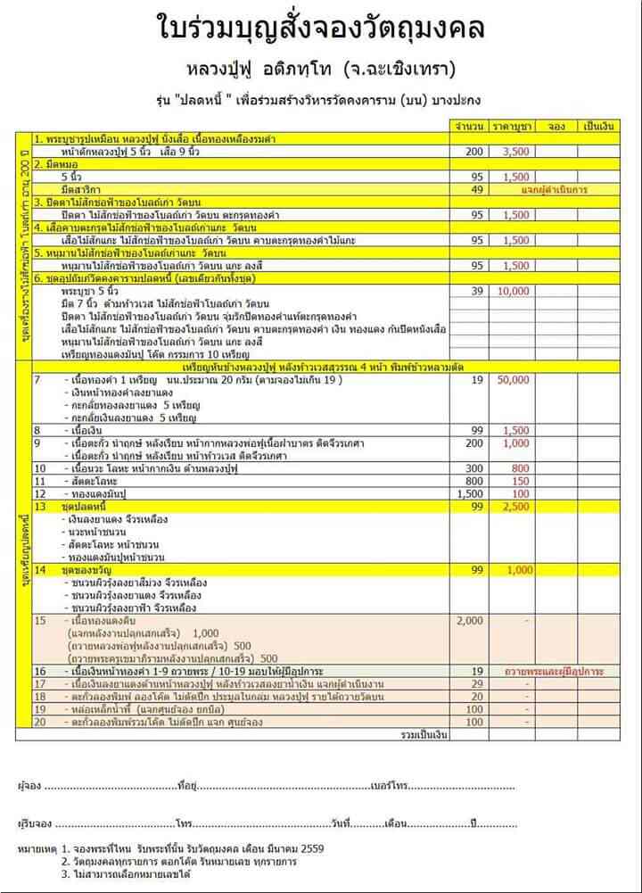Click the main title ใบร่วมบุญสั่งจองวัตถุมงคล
click(321, 29)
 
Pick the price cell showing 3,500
click(516, 153)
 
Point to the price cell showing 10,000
click(516, 292)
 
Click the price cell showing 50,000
click(516, 381)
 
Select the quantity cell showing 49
click(476, 189)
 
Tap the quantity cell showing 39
click(476, 292)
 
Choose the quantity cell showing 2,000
click(471, 620)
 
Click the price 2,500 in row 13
click(516, 506)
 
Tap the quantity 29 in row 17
click(476, 683)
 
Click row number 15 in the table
click(39, 620)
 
